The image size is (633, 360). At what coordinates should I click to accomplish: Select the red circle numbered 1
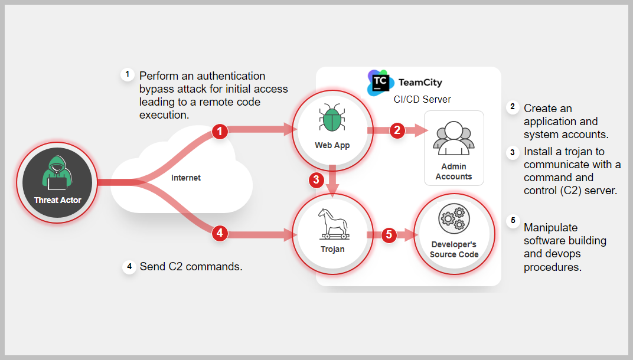point(220,131)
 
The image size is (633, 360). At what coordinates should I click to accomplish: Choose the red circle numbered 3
point(317,180)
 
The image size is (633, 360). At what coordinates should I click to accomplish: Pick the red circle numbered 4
point(220,234)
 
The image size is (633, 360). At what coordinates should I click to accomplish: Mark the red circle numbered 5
point(388,234)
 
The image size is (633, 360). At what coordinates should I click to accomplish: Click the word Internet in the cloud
point(186,178)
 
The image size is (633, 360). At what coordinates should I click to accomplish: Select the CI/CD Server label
point(422,99)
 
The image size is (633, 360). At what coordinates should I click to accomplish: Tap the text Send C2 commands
point(191,267)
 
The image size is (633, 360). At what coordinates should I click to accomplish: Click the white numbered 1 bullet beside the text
point(127,74)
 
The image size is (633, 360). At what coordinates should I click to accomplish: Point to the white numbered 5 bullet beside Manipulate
point(513,222)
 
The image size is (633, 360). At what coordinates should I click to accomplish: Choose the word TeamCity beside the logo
point(420,83)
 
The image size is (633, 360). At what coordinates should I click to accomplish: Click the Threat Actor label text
point(58,200)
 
